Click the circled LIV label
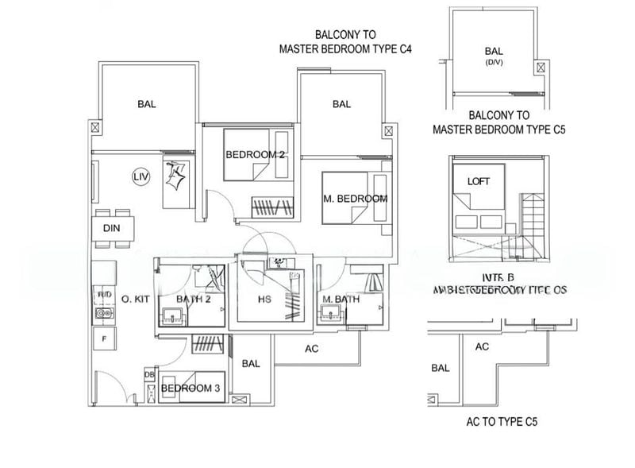pyautogui.click(x=140, y=176)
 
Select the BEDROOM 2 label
pyautogui.click(x=255, y=154)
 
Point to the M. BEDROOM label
pyautogui.click(x=355, y=199)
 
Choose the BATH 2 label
pyautogui.click(x=192, y=299)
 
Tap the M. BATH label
pyautogui.click(x=341, y=300)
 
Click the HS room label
pyautogui.click(x=266, y=300)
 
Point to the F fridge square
pyautogui.click(x=102, y=339)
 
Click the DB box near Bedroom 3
pyautogui.click(x=148, y=375)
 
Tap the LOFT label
pyautogui.click(x=479, y=181)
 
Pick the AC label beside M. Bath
pyautogui.click(x=312, y=348)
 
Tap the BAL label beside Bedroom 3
pyautogui.click(x=251, y=364)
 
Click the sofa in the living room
pyautogui.click(x=178, y=179)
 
